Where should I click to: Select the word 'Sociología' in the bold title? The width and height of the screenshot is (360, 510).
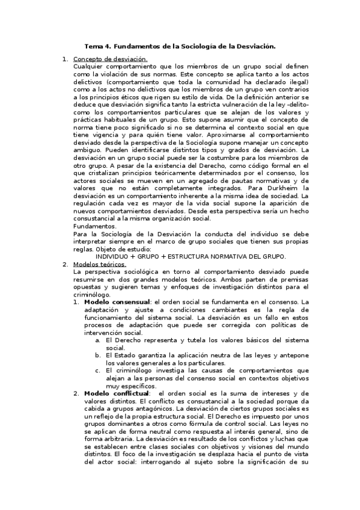tap(198, 46)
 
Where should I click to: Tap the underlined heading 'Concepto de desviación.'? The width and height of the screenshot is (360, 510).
tap(110, 59)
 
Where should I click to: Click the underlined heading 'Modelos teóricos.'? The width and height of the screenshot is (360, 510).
tap(100, 264)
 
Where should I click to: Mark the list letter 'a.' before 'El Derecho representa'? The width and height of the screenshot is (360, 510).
tap(98, 340)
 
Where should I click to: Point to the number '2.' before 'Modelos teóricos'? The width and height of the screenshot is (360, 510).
tap(66, 264)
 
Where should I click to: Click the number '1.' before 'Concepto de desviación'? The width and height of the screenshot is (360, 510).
tap(66, 59)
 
